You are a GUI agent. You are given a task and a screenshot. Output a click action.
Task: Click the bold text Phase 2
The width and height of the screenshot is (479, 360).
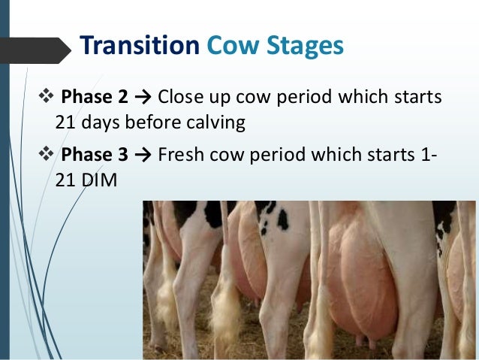[x=95, y=97]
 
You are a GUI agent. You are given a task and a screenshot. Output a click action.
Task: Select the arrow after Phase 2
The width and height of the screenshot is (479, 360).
[x=144, y=97]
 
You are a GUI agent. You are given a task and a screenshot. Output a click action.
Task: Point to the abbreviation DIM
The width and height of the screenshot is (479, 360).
[x=95, y=180]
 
